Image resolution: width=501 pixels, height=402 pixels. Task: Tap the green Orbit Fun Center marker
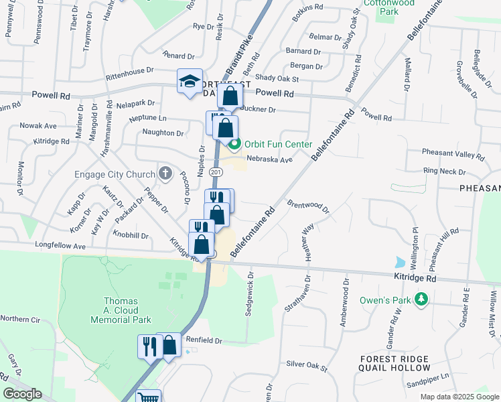coord(234,144)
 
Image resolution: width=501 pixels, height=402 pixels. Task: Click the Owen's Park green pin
coord(421,299)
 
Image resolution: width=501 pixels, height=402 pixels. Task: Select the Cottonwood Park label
coord(388,7)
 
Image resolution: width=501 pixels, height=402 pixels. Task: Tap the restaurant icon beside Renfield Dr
coord(149,346)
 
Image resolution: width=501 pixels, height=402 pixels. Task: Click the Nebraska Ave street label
coord(270,159)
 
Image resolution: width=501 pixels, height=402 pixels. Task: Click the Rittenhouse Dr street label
coord(125,70)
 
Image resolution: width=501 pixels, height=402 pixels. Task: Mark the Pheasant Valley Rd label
coord(454,155)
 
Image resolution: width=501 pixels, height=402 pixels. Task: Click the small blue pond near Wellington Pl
coord(401,261)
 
